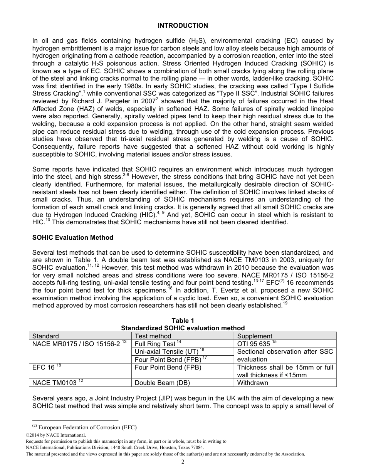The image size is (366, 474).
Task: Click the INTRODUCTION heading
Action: point(183,25)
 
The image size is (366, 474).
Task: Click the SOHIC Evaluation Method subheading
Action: point(73,237)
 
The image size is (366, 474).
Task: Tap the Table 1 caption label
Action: point(183,321)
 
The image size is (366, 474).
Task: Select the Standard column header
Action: point(45,336)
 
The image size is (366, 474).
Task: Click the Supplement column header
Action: point(255,336)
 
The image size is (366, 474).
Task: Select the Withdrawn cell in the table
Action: point(253,383)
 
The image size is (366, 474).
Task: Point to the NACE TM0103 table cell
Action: point(55,383)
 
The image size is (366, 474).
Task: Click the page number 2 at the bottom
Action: point(183,462)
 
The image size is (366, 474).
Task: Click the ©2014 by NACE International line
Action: point(53,435)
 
